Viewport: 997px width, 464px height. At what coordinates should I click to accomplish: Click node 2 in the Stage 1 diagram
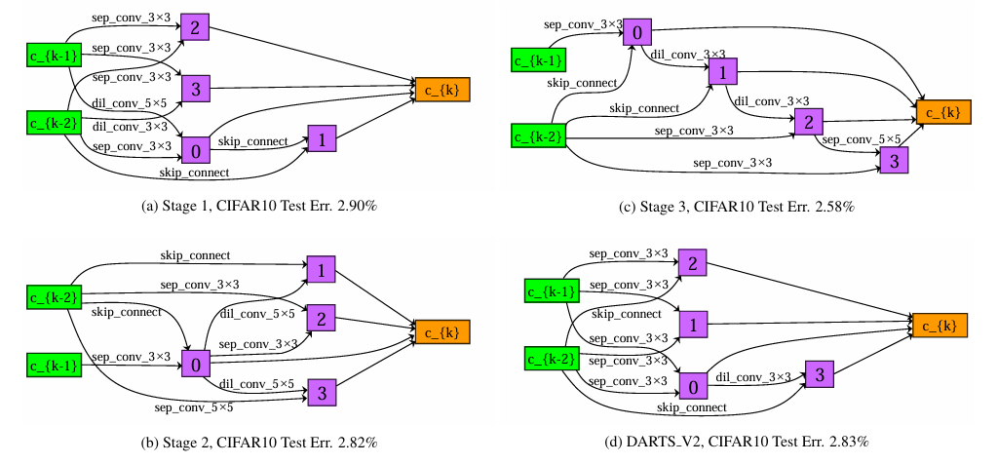click(x=194, y=27)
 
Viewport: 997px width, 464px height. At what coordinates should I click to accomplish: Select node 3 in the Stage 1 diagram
click(x=194, y=89)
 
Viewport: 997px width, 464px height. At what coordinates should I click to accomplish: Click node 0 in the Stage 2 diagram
click(x=195, y=365)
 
